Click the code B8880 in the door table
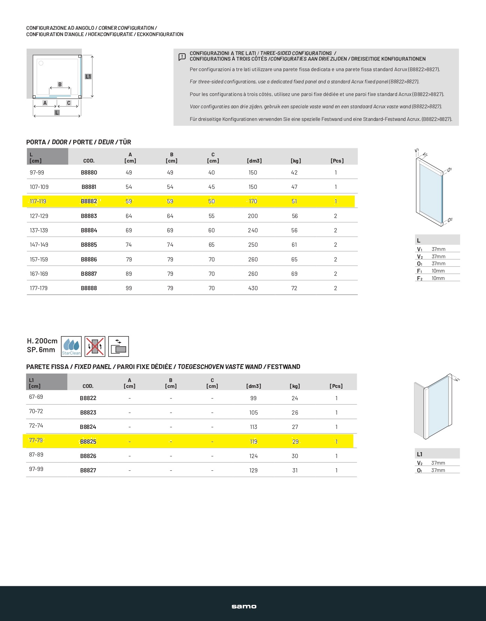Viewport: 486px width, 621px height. coord(89,172)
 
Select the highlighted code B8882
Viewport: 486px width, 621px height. coord(89,202)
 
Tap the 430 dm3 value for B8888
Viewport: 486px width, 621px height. coord(253,288)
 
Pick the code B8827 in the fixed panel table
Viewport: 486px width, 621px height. coord(88,470)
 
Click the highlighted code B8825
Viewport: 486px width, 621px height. coord(88,442)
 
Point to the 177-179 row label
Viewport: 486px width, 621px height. coord(39,288)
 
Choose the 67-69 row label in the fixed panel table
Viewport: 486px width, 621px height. coord(36,397)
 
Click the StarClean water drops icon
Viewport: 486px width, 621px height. coord(71,346)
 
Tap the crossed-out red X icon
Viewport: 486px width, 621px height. coord(95,346)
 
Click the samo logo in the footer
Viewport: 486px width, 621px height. coord(244,607)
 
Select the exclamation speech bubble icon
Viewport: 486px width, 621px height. coord(182,57)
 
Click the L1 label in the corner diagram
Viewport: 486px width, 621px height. coord(88,76)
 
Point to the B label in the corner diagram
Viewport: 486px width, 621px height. coord(60,84)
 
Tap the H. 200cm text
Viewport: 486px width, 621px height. coord(42,341)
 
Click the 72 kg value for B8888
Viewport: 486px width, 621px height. coord(294,288)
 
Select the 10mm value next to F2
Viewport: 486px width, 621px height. coord(438,278)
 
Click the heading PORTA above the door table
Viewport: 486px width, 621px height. coord(36,142)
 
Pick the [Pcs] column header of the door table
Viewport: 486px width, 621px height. coord(337,161)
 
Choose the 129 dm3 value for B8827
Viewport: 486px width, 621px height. coord(254,470)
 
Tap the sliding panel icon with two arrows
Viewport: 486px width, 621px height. coord(119,346)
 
